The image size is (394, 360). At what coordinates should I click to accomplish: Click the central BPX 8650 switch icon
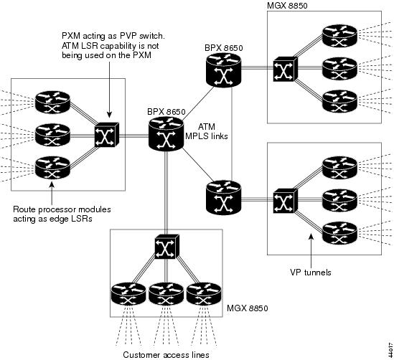click(x=165, y=134)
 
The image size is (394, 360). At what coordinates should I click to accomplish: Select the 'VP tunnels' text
click(x=311, y=273)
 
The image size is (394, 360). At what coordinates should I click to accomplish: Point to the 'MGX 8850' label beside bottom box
click(x=248, y=308)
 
